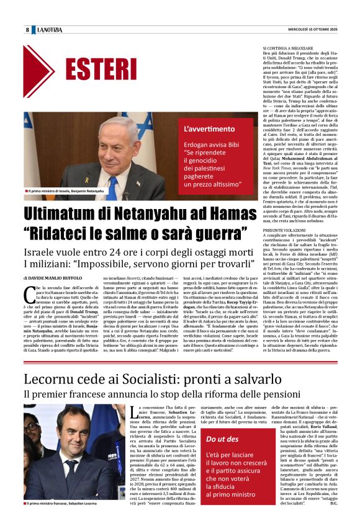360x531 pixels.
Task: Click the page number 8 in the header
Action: point(27,30)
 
